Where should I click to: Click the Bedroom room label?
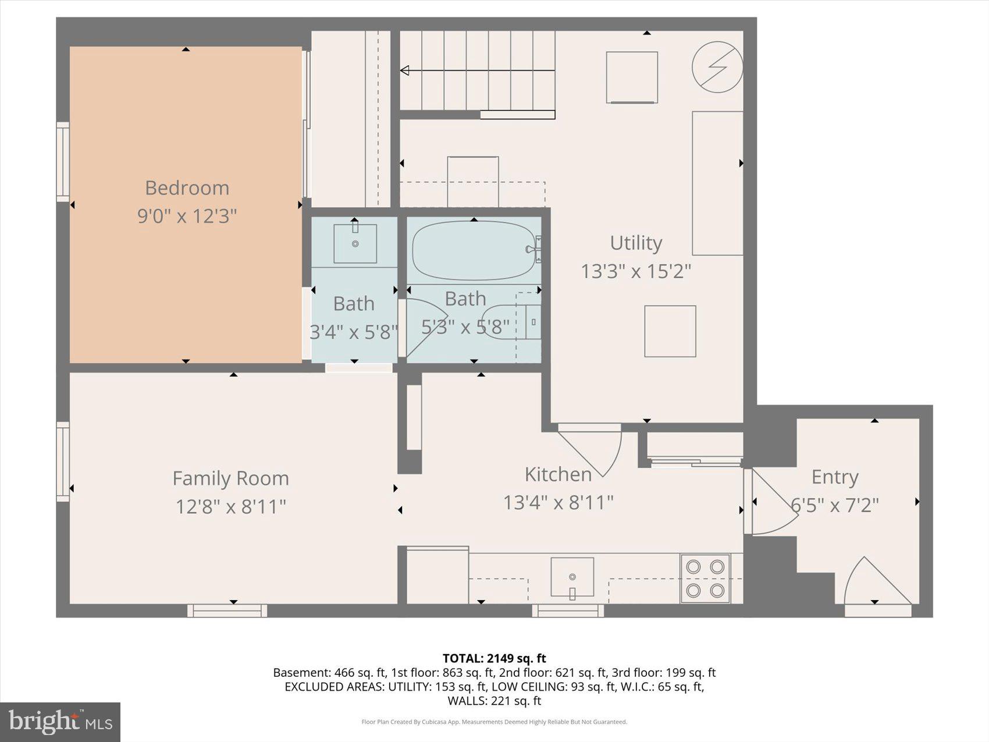pyautogui.click(x=187, y=188)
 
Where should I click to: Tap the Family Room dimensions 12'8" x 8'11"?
pyautogui.click(x=231, y=506)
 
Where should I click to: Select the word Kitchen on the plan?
pyautogui.click(x=558, y=474)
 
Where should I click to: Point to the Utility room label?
pyautogui.click(x=636, y=243)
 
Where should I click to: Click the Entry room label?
pyautogui.click(x=835, y=477)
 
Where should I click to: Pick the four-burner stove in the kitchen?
pyautogui.click(x=705, y=578)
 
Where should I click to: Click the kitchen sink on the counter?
pyautogui.click(x=572, y=577)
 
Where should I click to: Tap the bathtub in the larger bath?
pyautogui.click(x=473, y=251)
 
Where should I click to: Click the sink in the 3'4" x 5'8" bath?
pyautogui.click(x=355, y=243)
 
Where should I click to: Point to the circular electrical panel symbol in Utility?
pyautogui.click(x=717, y=67)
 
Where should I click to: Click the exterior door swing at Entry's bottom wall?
pyautogui.click(x=876, y=585)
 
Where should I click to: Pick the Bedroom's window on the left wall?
pyautogui.click(x=63, y=162)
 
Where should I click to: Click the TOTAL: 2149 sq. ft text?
pyautogui.click(x=494, y=658)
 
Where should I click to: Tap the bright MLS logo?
pyautogui.click(x=61, y=722)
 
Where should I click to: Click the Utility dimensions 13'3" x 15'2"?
pyautogui.click(x=636, y=271)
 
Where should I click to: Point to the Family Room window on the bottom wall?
pyautogui.click(x=227, y=610)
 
